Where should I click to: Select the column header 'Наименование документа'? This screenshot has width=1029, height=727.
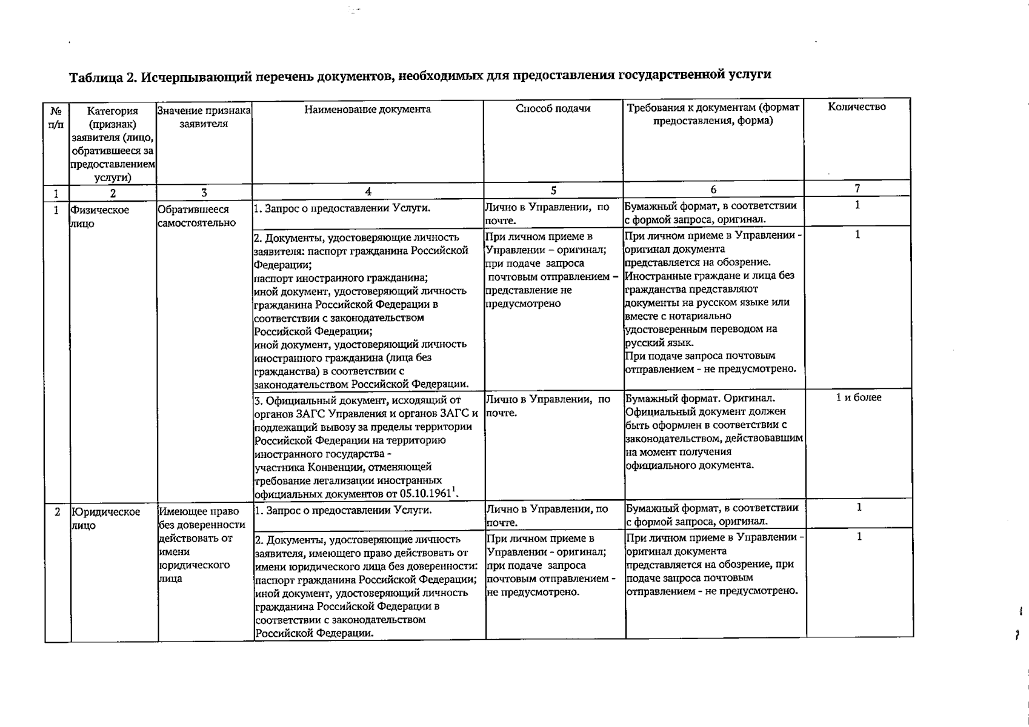pos(367,110)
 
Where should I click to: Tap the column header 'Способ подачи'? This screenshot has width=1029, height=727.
pos(553,108)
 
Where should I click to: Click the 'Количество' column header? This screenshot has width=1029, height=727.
pos(857,107)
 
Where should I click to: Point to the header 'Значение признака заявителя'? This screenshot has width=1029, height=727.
pos(204,117)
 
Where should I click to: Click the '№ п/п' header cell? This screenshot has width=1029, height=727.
pos(56,118)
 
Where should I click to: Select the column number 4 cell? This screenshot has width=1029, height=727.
pos(368,191)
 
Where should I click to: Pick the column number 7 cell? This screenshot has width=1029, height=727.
pos(857,188)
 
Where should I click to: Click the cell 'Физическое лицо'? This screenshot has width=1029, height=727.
pos(99,216)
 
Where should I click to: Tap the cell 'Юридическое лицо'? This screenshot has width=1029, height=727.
pos(105,518)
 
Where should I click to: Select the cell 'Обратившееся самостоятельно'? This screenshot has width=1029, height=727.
pos(196,216)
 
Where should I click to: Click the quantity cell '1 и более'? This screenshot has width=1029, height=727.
pos(858,397)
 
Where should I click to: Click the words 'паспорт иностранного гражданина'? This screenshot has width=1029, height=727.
pos(341,278)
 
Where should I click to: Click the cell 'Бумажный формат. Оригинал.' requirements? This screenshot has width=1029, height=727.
pos(700,399)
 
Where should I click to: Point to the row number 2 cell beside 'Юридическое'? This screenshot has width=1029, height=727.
pos(58,512)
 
